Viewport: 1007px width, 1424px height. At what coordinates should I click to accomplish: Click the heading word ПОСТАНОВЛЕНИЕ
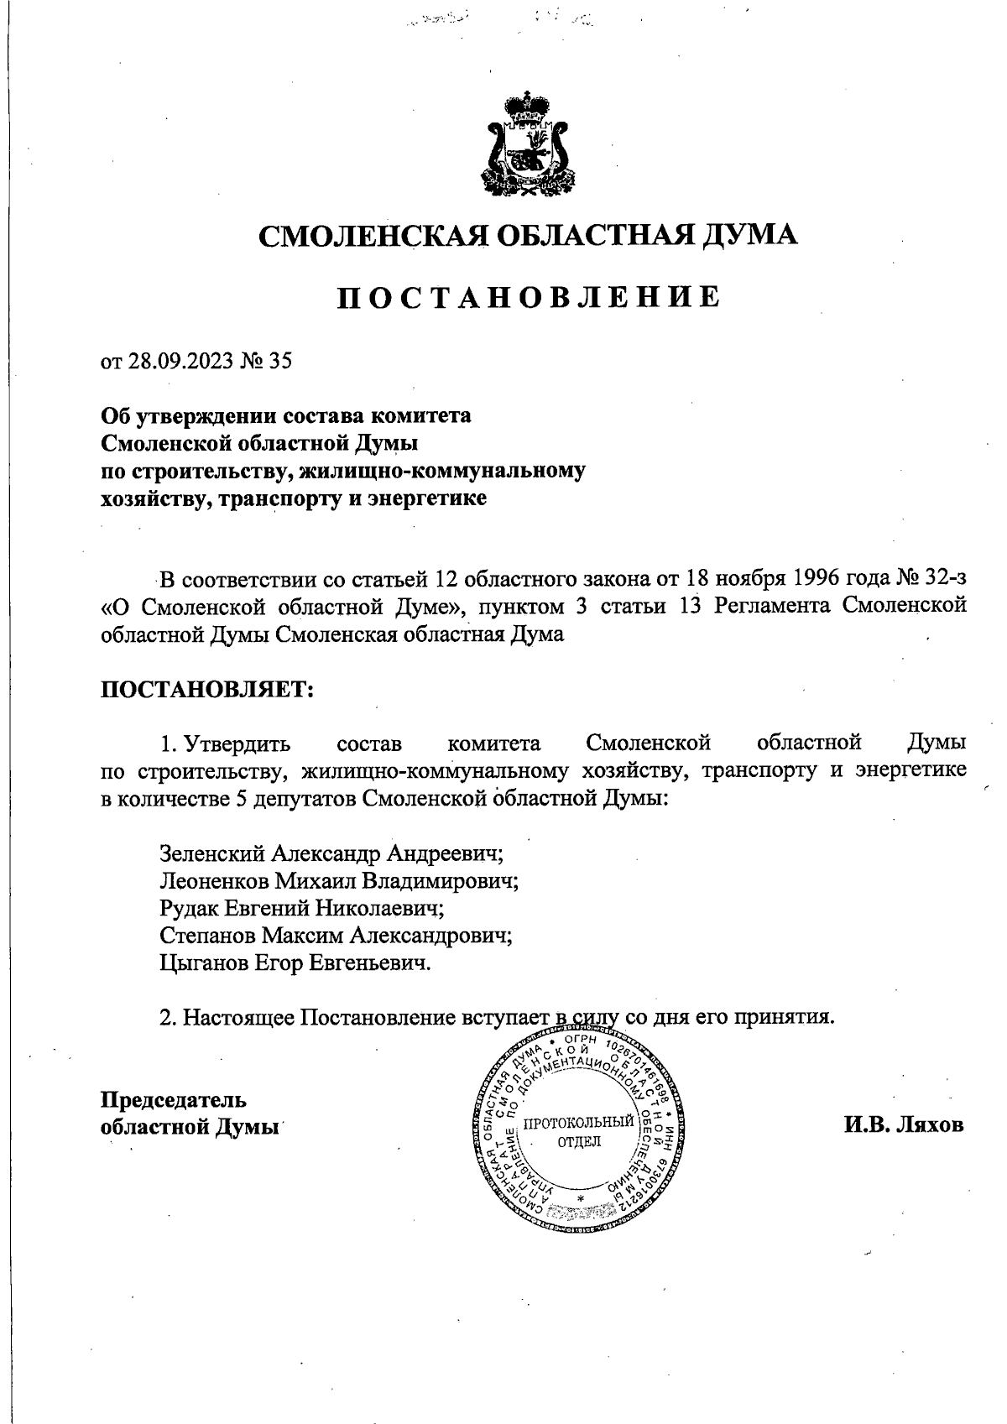tap(528, 298)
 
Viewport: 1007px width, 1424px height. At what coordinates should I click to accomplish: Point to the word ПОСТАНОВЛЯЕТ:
tap(207, 690)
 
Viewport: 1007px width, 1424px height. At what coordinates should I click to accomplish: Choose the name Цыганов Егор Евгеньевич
tap(295, 962)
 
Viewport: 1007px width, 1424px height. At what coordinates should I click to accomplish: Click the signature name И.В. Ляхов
tap(904, 1124)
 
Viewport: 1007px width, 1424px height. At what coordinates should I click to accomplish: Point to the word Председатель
tap(173, 1099)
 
